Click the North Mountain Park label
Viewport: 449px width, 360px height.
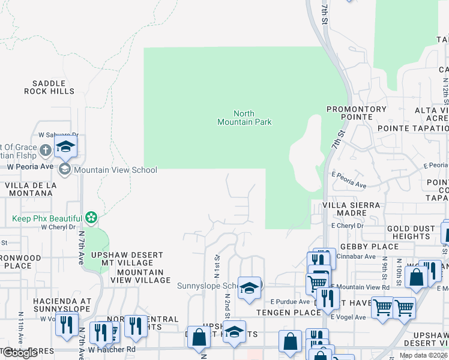pos(244,118)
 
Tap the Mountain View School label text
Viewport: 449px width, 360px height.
pos(115,170)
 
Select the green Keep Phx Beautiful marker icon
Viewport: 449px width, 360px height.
pos(91,217)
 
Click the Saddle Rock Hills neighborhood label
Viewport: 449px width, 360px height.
pos(49,88)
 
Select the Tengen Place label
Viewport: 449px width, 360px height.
pos(281,313)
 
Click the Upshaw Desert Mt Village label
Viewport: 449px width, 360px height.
pos(127,259)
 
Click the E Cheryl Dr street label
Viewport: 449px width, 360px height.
pos(348,226)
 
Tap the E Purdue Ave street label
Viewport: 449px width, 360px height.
pos(289,302)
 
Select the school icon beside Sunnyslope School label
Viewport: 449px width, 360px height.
pos(249,287)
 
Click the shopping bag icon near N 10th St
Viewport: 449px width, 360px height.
pos(415,277)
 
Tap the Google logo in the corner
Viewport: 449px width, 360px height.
pos(20,353)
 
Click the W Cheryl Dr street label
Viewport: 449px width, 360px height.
pos(59,227)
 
